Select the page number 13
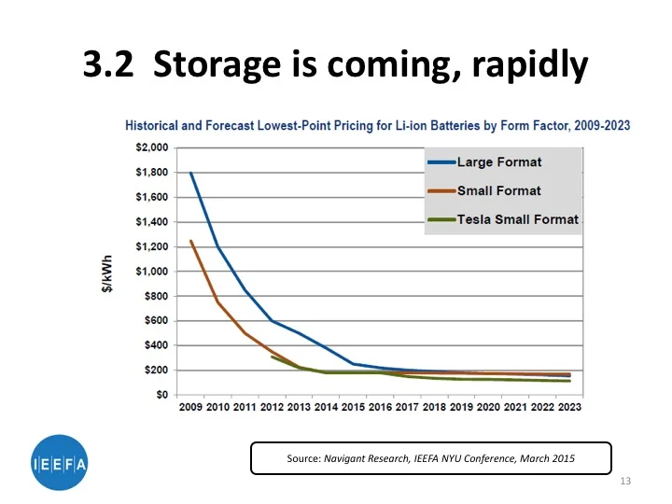pyautogui.click(x=625, y=481)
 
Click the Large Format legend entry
pyautogui.click(x=498, y=162)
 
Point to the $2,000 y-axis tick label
pyautogui.click(x=149, y=147)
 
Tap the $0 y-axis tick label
pyautogui.click(x=160, y=395)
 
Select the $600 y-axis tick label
pyautogui.click(x=154, y=321)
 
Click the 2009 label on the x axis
pyautogui.click(x=190, y=408)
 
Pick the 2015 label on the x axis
pyautogui.click(x=354, y=408)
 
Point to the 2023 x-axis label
pyautogui.click(x=570, y=408)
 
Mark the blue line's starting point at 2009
pyautogui.click(x=191, y=173)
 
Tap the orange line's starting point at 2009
pyautogui.click(x=191, y=241)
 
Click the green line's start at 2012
pyautogui.click(x=273, y=357)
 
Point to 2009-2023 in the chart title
pyautogui.click(x=598, y=126)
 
